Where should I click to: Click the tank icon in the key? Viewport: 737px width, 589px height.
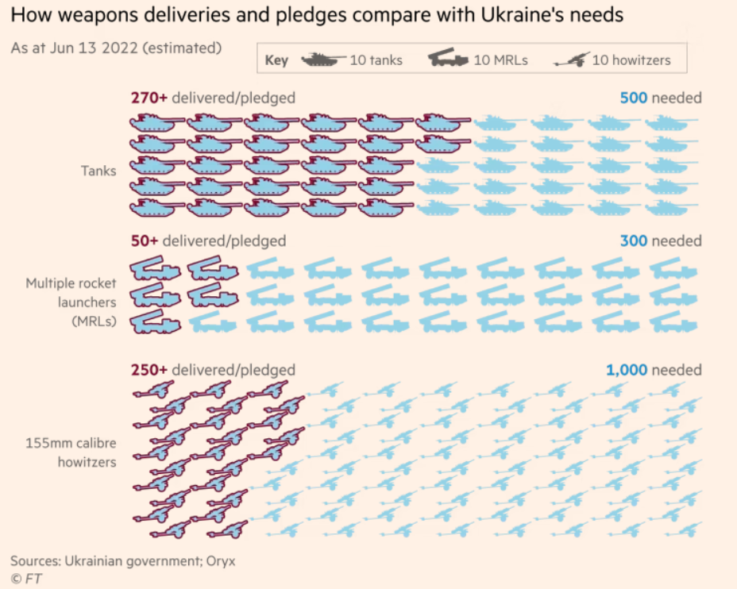click(x=322, y=60)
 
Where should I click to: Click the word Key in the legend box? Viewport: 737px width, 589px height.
click(x=276, y=60)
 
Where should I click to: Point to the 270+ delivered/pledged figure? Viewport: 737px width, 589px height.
click(x=149, y=98)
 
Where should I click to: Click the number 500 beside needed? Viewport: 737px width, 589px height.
click(x=633, y=98)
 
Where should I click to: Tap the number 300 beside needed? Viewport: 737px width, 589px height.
click(x=633, y=241)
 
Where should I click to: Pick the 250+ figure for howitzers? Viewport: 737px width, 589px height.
click(x=149, y=370)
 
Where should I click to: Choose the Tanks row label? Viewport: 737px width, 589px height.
click(x=98, y=171)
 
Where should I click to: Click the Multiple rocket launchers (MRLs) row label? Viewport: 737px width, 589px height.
click(x=71, y=302)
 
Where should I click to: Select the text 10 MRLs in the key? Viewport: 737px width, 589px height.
click(x=500, y=60)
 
